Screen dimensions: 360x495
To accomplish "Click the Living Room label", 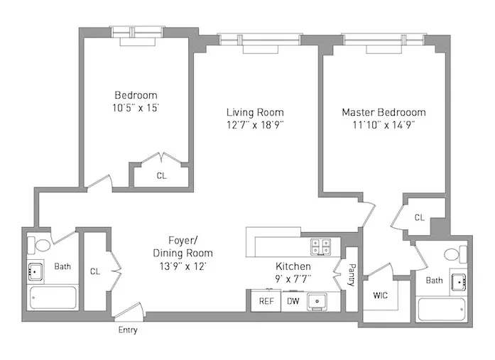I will click(255, 112).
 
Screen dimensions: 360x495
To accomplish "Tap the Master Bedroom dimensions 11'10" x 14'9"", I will click(384, 126).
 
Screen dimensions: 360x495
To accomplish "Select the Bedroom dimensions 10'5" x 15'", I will click(136, 109).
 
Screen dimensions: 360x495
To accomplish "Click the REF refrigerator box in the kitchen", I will click(266, 300).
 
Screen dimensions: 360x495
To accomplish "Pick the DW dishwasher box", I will click(293, 300).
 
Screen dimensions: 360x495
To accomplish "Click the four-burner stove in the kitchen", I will click(320, 246).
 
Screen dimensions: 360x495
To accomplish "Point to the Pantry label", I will click(351, 276).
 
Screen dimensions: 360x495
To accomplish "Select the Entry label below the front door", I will click(128, 330).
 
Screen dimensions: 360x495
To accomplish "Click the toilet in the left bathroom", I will click(40, 246).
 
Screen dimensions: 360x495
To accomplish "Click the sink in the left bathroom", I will click(35, 271).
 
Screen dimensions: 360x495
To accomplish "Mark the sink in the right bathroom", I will click(459, 282).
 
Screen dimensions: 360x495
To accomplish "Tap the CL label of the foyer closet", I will click(94, 271).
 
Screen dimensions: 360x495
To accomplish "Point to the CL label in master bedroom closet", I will click(419, 217).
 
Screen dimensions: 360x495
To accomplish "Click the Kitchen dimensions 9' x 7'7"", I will click(293, 278).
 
